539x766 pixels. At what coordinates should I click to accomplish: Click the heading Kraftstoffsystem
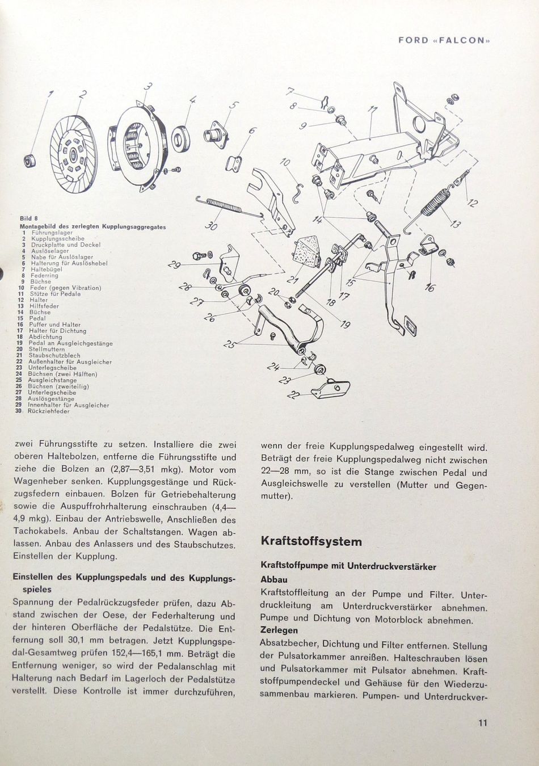click(311, 541)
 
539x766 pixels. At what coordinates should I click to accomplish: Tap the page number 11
click(482, 723)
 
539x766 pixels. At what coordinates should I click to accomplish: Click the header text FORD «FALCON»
click(444, 40)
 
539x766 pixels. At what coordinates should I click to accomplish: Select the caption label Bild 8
click(28, 218)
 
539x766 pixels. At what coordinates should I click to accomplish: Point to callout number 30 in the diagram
click(211, 226)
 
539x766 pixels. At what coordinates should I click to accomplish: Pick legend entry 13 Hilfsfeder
click(43, 306)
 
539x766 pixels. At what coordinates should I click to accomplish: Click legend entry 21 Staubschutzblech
click(51, 356)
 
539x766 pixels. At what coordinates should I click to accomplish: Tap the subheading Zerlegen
click(279, 630)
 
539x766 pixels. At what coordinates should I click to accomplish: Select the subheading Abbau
click(274, 579)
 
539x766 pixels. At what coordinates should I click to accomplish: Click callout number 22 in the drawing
click(293, 395)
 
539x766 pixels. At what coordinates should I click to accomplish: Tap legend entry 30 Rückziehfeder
click(45, 411)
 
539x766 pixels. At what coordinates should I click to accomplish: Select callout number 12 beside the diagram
click(473, 203)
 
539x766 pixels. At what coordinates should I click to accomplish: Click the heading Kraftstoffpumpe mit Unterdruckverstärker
click(348, 566)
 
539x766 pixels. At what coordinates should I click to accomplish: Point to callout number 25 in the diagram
click(230, 344)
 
